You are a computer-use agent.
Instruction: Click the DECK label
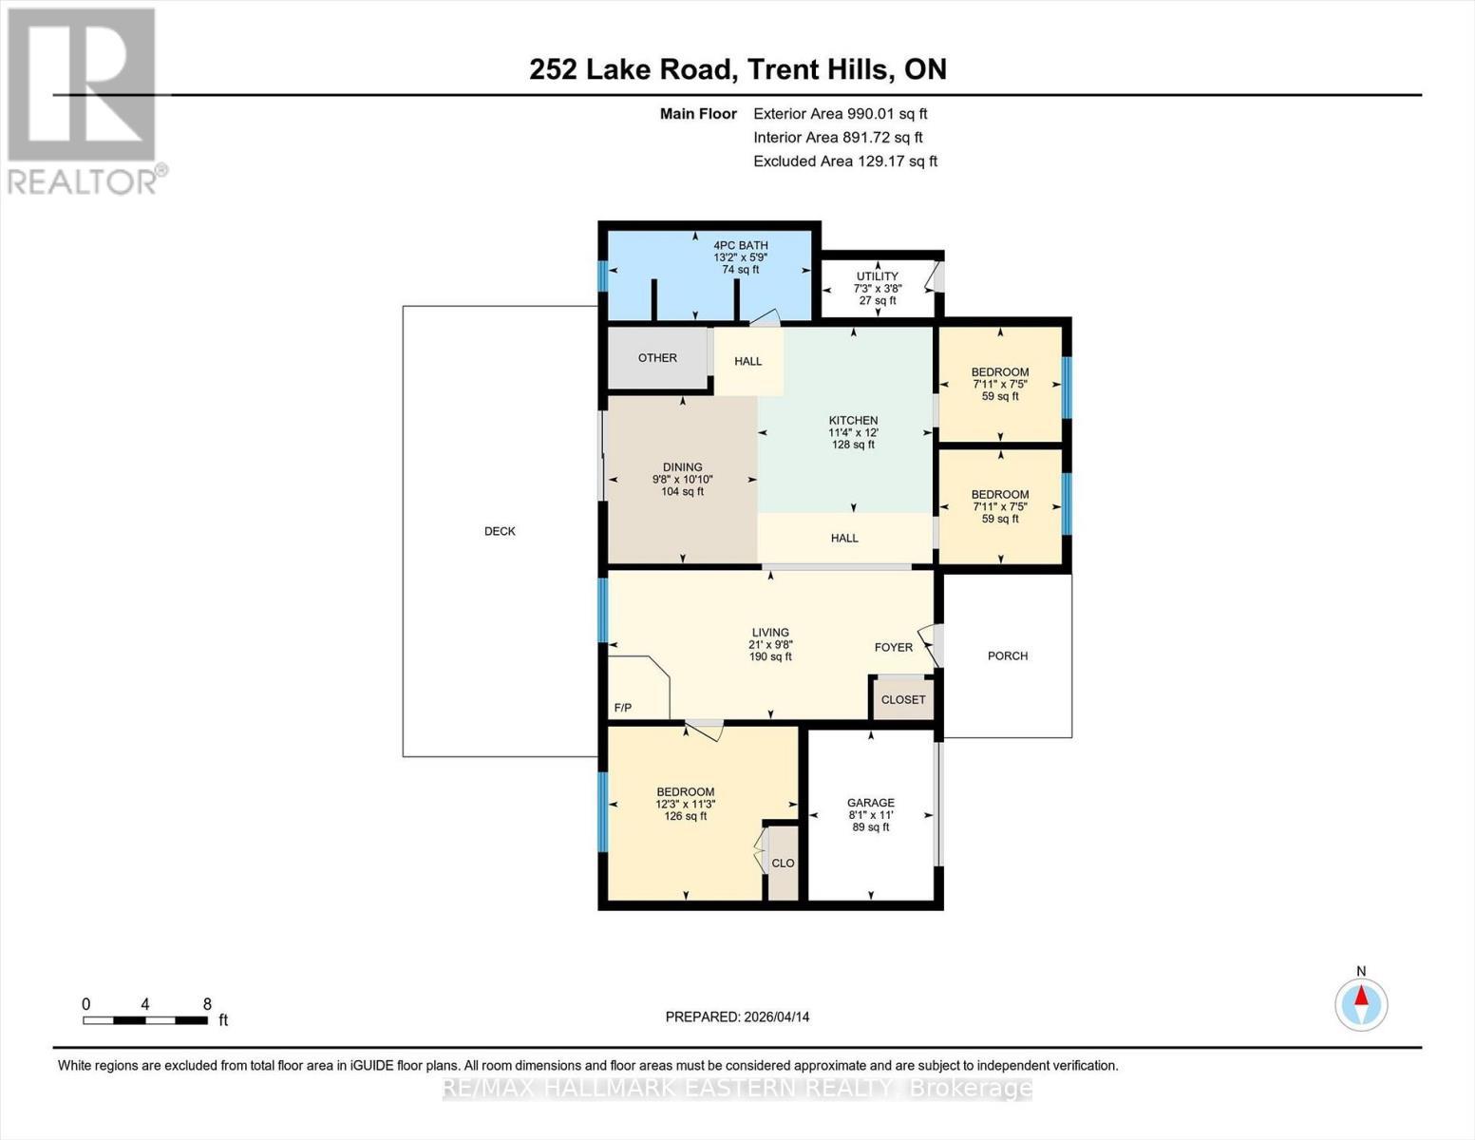(500, 531)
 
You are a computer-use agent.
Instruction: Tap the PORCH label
(1008, 655)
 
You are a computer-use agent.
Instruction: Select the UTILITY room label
(877, 276)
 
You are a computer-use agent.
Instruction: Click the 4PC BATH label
(741, 245)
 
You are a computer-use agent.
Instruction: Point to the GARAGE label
(870, 803)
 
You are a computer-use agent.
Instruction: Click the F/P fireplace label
(622, 708)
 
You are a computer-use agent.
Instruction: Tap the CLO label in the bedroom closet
(783, 863)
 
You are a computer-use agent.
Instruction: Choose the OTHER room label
(657, 358)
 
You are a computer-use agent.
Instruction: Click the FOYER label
(894, 647)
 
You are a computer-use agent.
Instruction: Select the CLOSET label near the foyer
(903, 699)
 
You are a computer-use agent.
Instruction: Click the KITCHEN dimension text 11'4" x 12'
(853, 432)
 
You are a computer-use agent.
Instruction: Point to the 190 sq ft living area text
(770, 656)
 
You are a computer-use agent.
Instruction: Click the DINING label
(682, 467)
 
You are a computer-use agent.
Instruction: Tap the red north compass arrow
(1361, 996)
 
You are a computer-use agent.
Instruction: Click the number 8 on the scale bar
(207, 1004)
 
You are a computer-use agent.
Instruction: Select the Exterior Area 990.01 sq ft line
(841, 114)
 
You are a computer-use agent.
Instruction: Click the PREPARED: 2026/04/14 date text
(737, 1017)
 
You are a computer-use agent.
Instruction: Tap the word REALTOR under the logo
(81, 182)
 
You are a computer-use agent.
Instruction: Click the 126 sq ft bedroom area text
(685, 815)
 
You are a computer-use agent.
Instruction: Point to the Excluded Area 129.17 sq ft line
(845, 161)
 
